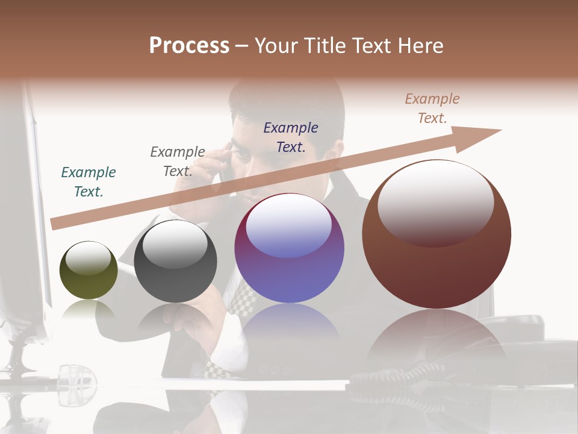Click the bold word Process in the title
tap(189, 46)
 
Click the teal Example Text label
tap(89, 182)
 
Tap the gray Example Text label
tap(178, 162)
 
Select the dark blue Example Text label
tap(291, 137)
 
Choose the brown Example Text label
tap(432, 108)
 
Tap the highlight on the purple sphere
tap(289, 226)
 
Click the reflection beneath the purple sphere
tap(289, 329)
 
